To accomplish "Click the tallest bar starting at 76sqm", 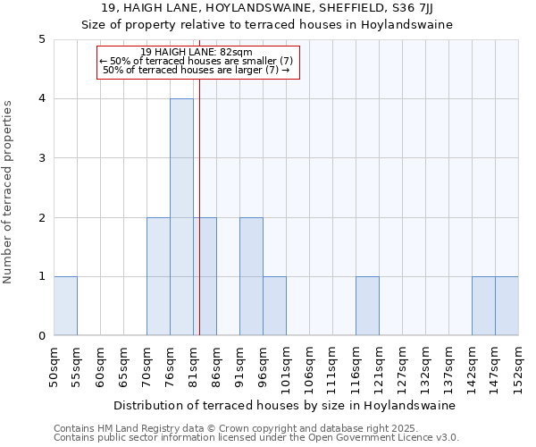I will click(181, 217).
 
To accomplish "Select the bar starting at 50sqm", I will click(65, 306).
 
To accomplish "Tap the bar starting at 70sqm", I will click(158, 276).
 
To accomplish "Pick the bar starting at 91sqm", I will click(251, 276).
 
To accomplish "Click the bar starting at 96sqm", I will click(274, 306).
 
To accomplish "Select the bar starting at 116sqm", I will click(367, 306).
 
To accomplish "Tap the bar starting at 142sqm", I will click(483, 306).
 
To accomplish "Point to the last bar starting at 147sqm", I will click(507, 306).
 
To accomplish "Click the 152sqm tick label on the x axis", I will click(519, 367).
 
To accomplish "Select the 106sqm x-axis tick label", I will click(310, 367).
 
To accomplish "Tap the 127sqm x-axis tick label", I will click(403, 367).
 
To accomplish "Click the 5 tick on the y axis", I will click(41, 39).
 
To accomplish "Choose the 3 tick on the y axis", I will click(41, 158).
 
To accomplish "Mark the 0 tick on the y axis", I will click(41, 336).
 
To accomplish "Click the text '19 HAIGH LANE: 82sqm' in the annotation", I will click(197, 53).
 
